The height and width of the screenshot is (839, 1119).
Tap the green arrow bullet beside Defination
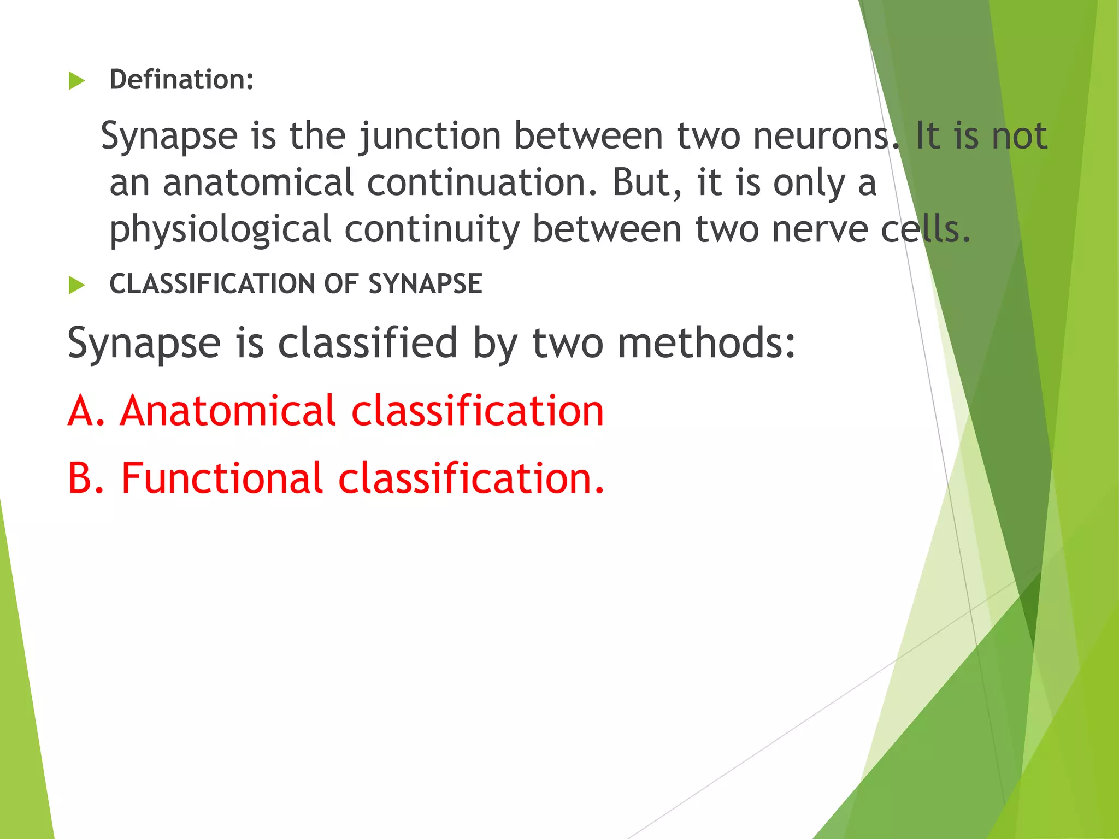click(x=77, y=81)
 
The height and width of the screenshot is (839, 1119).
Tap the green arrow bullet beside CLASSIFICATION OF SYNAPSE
click(x=77, y=285)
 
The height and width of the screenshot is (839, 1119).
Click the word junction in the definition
click(x=429, y=136)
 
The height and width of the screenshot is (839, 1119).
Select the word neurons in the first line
click(x=823, y=136)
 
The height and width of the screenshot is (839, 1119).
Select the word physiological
click(x=220, y=229)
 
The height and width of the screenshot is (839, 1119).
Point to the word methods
click(x=706, y=343)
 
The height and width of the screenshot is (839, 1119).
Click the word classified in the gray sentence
click(x=367, y=343)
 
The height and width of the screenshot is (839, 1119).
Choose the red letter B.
click(x=81, y=478)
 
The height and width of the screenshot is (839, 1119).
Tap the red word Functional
click(x=222, y=478)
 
